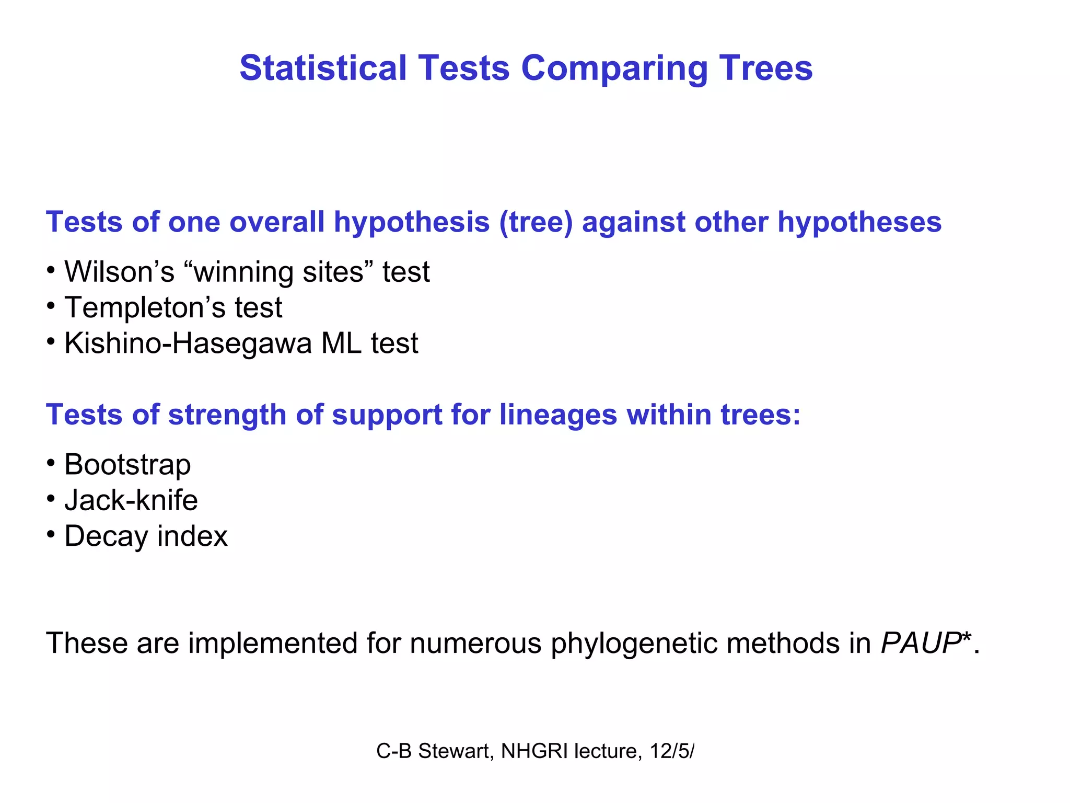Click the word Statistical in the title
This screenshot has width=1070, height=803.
[323, 68]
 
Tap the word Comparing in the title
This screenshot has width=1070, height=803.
[614, 68]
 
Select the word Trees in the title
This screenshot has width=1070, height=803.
[765, 68]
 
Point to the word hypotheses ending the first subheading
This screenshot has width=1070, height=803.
[859, 222]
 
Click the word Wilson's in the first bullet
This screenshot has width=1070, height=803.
[119, 272]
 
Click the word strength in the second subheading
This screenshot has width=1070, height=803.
[227, 415]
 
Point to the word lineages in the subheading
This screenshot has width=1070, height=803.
[558, 415]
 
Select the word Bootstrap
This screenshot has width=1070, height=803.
[127, 464]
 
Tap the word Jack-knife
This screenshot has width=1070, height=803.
[131, 500]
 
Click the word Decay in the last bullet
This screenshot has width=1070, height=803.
[106, 536]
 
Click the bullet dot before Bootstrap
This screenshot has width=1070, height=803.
[51, 463]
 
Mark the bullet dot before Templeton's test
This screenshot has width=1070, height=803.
[51, 306]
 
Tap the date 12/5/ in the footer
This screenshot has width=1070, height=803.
[672, 751]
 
